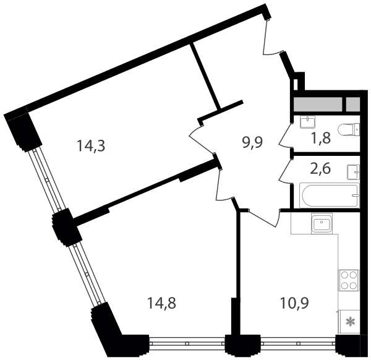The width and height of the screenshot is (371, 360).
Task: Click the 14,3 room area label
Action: point(91,146)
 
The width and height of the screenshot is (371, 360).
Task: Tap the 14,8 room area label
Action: point(161,303)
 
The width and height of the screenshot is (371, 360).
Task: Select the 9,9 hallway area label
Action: point(252,142)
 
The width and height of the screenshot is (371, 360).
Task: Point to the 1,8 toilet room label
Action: point(321,138)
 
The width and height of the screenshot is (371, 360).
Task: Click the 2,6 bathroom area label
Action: point(320,168)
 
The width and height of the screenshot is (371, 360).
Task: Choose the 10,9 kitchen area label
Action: point(294,303)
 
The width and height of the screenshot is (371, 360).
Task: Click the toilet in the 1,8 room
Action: point(349,130)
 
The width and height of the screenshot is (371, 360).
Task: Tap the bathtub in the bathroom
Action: point(330,195)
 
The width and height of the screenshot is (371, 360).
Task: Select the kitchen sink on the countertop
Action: point(322,223)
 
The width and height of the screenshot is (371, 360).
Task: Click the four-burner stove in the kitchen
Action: point(349,280)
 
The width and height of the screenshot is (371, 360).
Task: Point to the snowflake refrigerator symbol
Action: point(349,322)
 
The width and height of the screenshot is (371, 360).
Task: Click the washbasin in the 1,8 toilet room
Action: point(307,122)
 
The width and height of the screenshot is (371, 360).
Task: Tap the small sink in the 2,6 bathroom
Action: point(353,172)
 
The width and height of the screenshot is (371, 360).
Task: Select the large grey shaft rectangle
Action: point(318,105)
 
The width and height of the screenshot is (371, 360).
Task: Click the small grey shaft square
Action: point(353,105)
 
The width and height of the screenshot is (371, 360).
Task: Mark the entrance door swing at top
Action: point(272,38)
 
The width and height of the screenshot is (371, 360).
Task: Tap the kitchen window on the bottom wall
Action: point(298,343)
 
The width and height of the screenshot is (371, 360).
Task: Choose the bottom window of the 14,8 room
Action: point(187,343)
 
